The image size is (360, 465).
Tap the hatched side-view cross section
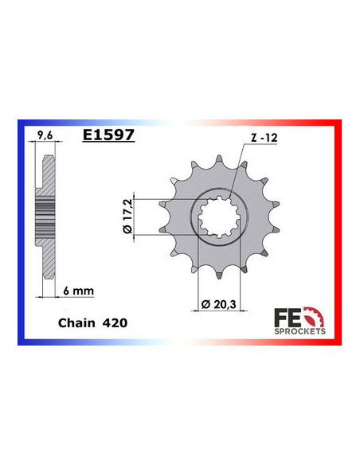47,215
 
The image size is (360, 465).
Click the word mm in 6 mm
84,291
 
